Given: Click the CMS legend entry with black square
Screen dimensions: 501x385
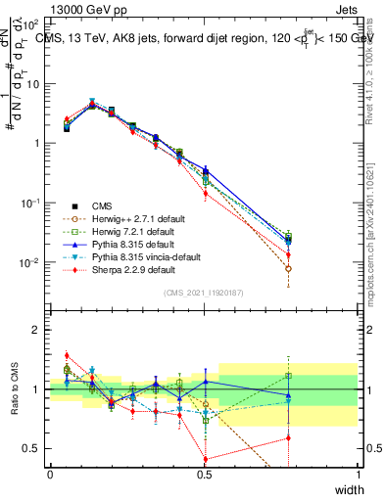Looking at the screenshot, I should click(103, 205).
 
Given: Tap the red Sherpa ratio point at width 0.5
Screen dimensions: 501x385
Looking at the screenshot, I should click(205, 459).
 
